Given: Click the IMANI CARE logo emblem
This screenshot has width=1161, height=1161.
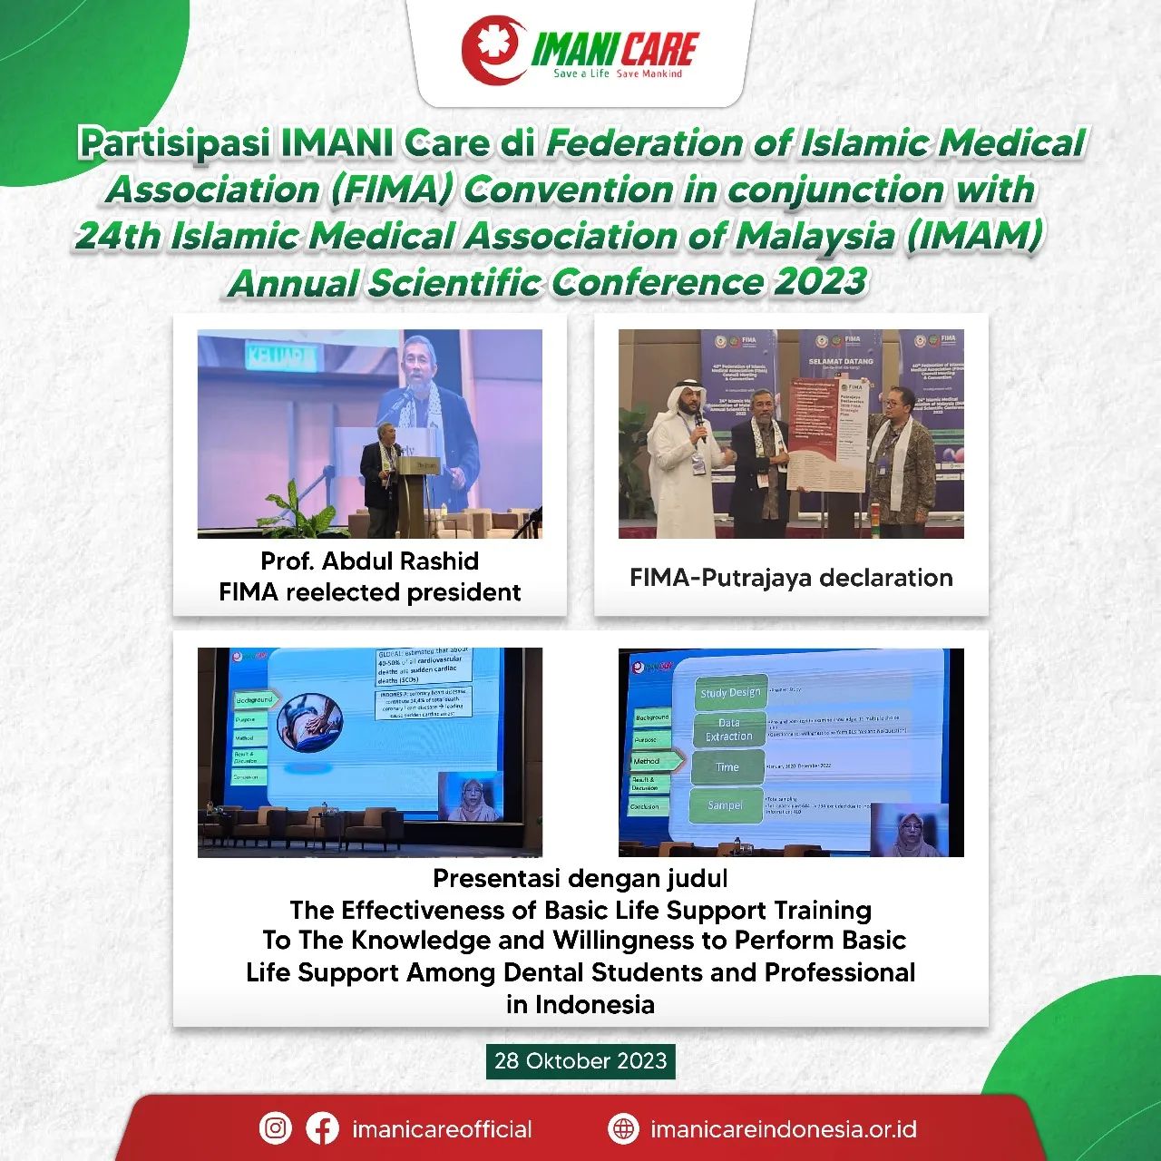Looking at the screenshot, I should click(x=493, y=51).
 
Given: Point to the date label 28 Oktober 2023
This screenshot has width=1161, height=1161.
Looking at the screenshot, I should click(x=580, y=1060).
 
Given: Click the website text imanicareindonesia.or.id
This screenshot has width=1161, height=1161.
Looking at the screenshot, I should click(x=783, y=1129).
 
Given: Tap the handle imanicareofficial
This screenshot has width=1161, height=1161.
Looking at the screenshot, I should click(x=442, y=1129).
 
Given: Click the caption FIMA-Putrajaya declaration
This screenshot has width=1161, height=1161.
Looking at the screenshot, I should click(x=791, y=578).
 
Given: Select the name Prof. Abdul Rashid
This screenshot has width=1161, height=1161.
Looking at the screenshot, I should click(x=369, y=561).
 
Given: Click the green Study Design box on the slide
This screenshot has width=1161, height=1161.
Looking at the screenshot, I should click(x=730, y=692).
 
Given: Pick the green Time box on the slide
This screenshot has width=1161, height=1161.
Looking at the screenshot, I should click(x=727, y=767).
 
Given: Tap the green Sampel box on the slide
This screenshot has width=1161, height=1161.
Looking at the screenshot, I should click(x=725, y=805).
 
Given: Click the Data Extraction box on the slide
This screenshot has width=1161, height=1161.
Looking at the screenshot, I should click(x=729, y=729).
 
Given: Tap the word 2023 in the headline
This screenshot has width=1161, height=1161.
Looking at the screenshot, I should click(x=820, y=281).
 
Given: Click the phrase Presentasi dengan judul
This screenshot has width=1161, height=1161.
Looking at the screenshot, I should click(x=580, y=878).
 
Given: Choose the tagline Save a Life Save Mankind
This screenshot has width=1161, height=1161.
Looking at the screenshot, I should click(x=618, y=73).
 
